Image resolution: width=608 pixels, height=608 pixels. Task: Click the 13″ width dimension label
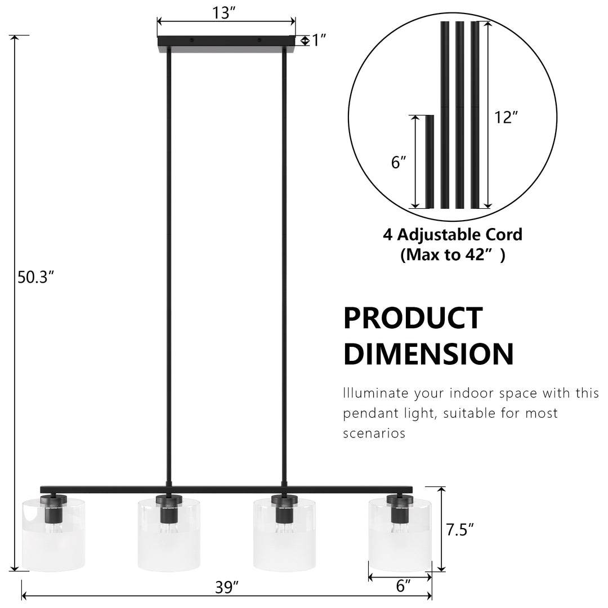[224, 13]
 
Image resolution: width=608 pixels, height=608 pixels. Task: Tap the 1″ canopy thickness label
[319, 40]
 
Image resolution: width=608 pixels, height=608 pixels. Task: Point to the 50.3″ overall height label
[35, 277]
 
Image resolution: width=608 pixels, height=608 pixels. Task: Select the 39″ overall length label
[227, 587]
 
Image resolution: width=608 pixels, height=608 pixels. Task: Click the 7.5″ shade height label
[460, 530]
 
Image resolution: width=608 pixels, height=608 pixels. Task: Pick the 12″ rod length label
[506, 117]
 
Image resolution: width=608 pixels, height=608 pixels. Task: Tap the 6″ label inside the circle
[399, 162]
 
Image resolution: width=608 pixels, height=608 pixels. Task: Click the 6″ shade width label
[403, 585]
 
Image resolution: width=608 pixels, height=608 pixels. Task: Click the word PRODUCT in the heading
[413, 318]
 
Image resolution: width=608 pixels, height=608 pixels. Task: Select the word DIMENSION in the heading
[428, 354]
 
